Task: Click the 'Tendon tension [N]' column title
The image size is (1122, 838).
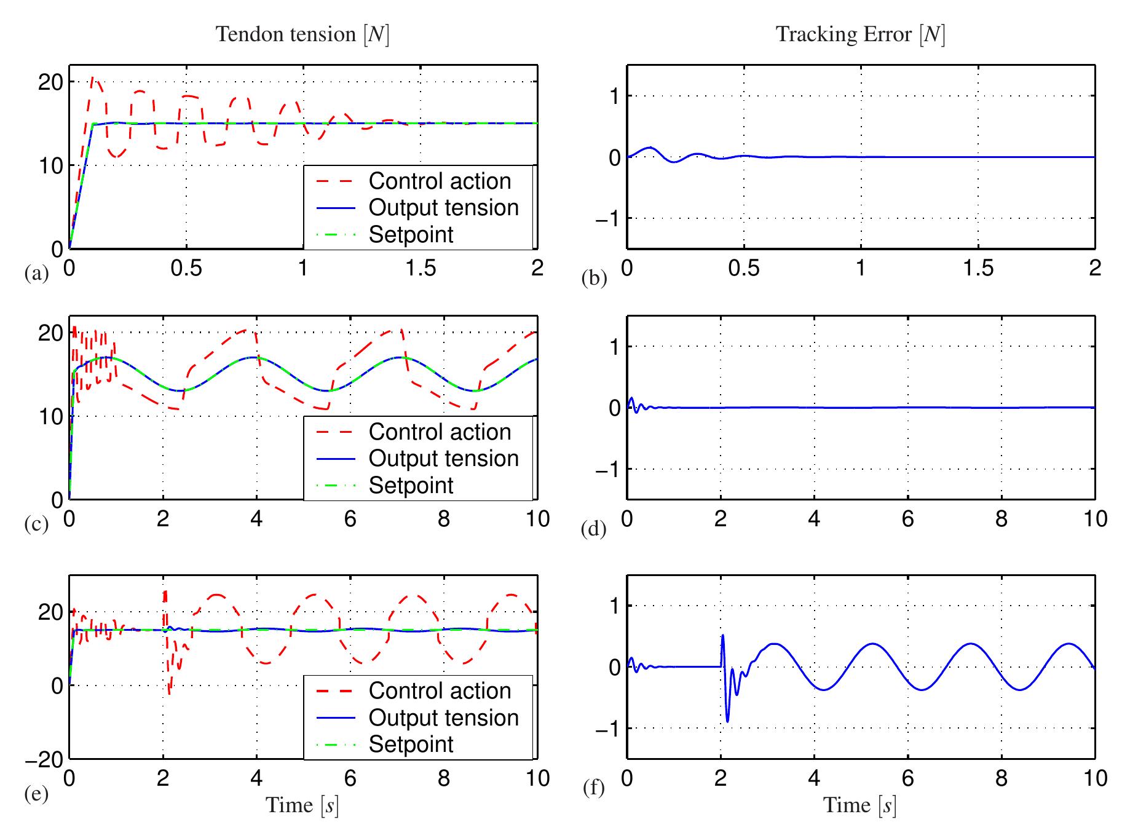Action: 302,34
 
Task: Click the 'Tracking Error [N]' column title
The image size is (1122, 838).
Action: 861,34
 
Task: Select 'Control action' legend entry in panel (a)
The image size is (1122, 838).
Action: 440,181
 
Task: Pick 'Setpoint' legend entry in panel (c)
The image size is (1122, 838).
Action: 411,485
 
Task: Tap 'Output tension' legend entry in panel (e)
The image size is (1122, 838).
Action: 443,717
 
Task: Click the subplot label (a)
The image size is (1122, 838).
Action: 36,272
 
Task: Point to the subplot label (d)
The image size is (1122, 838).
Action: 594,529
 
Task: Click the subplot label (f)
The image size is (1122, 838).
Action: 593,788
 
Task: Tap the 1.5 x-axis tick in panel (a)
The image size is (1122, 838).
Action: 421,268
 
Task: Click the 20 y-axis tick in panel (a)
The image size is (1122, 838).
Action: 50,82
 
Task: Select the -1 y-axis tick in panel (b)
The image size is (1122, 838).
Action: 607,219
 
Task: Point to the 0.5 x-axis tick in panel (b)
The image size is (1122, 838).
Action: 744,268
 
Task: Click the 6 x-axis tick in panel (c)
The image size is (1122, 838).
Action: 350,519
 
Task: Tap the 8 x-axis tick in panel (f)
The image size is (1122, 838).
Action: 1002,778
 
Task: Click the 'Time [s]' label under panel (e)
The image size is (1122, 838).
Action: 302,805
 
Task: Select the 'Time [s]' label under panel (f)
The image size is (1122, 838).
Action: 860,805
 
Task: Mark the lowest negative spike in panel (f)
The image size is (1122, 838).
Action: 728,721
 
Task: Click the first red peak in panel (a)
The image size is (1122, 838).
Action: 93,77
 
